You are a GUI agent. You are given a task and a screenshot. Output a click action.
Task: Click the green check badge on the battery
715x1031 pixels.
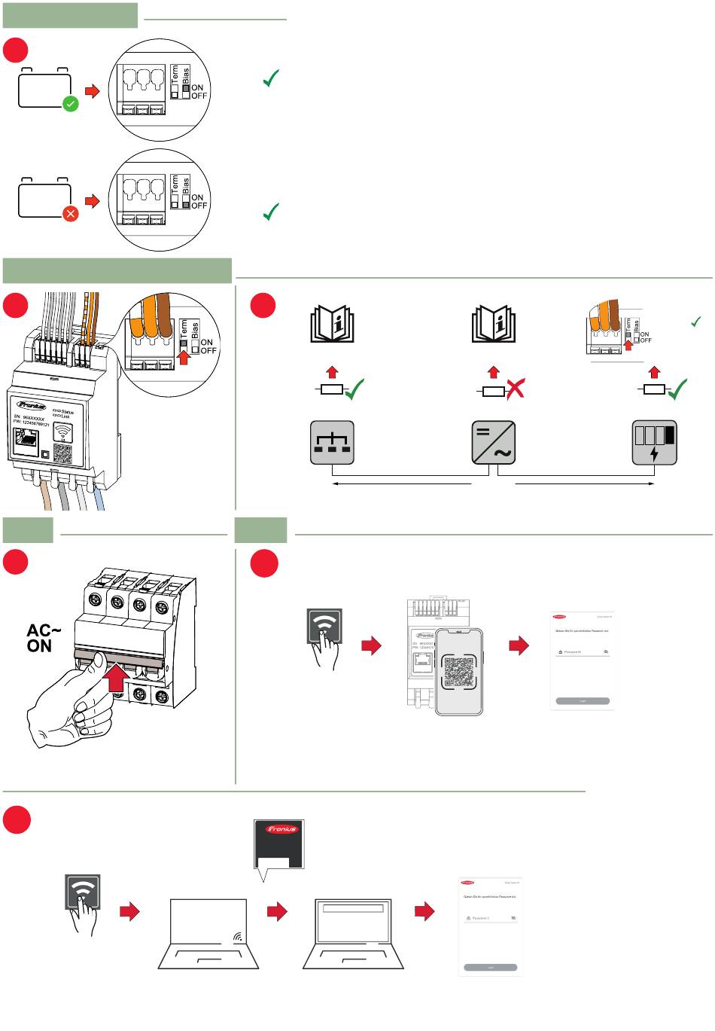(70, 104)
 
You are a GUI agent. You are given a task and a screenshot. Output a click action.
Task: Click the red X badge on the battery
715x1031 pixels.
(70, 214)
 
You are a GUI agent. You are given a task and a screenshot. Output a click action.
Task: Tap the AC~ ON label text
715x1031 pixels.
(44, 638)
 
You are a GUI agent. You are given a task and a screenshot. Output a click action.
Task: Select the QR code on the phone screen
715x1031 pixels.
(458, 671)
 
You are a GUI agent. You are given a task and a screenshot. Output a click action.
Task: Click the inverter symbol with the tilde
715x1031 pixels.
(493, 442)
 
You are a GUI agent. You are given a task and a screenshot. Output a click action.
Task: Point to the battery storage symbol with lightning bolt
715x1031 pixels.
(654, 442)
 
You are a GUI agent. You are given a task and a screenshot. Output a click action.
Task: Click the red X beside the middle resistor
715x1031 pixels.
(514, 389)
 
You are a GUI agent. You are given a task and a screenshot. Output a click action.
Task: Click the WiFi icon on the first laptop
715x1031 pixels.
(238, 938)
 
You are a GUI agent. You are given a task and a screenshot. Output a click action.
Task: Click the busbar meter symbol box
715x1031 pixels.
(332, 442)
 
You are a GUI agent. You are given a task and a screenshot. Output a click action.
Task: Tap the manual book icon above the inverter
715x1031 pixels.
(493, 325)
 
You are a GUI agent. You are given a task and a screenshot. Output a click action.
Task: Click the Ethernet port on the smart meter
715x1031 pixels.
(26, 441)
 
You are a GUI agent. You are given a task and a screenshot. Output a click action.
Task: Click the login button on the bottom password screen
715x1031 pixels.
(491, 967)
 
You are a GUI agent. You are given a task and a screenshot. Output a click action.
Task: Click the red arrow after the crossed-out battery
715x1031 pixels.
(92, 201)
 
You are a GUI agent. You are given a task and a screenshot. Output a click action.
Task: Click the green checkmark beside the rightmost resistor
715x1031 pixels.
(677, 389)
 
